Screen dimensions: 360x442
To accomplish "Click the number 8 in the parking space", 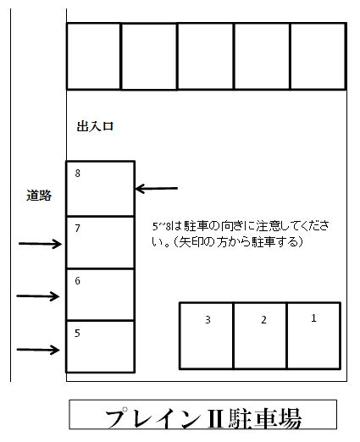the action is (78, 173).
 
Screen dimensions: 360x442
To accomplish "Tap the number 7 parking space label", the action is (78, 228).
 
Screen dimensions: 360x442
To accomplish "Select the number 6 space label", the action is (78, 280).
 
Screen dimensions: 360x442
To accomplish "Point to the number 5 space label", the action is (77, 334).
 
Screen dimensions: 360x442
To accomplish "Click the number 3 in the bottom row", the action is (208, 320).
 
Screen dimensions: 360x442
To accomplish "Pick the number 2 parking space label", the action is (263, 320).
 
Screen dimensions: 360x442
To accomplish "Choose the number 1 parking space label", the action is (313, 318).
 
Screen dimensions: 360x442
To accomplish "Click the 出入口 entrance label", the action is (95, 126).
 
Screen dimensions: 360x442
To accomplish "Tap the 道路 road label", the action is (39, 196).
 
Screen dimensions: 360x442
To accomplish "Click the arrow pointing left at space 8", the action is (157, 189).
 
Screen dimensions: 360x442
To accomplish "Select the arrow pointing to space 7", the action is (40, 244).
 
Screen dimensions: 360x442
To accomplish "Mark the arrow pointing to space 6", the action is (38, 296).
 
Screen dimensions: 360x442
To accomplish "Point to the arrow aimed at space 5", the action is (38, 350).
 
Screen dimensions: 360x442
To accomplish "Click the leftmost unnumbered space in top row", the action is (93, 56).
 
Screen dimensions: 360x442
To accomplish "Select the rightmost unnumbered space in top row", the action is (318, 56).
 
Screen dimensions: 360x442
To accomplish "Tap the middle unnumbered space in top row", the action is (206, 56).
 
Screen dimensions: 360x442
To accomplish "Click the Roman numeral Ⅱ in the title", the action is (216, 419).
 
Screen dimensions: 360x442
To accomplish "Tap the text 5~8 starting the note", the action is (162, 226).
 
